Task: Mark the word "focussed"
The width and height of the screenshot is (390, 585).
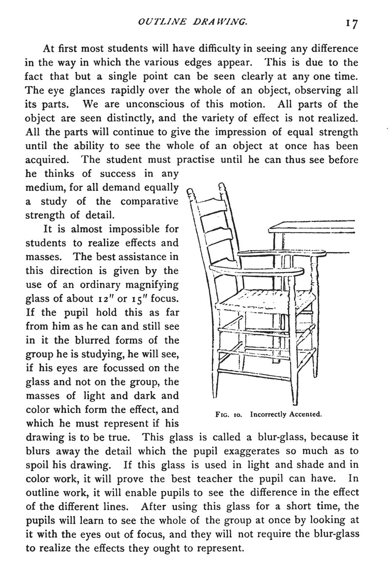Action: click(121, 367)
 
